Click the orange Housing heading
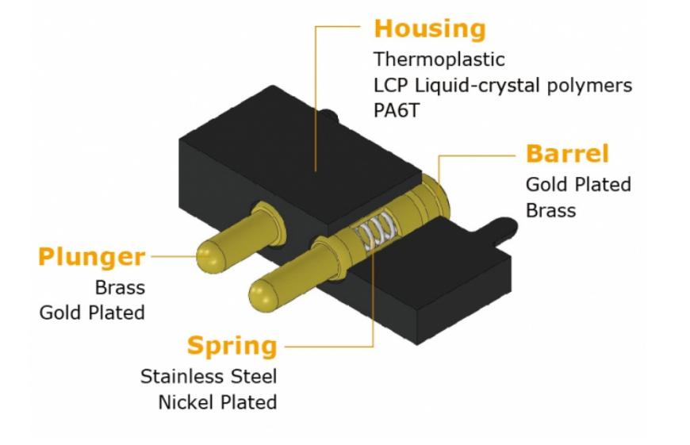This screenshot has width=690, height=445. click(429, 29)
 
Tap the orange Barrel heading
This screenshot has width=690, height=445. click(565, 154)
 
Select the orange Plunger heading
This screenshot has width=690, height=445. click(91, 257)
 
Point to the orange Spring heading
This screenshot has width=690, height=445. click(232, 346)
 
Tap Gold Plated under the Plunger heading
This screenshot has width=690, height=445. click(92, 313)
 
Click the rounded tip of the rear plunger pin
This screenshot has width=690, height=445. click(208, 253)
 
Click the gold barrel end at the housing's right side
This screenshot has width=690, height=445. click(435, 190)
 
